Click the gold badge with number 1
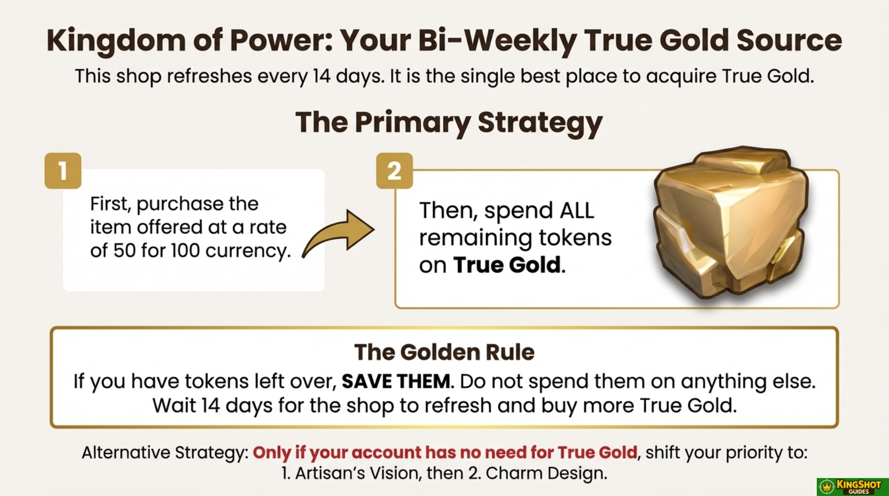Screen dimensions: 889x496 pyautogui.click(x=63, y=170)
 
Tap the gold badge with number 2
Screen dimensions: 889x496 pyautogui.click(x=395, y=170)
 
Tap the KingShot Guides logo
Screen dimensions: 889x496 pyautogui.click(x=852, y=486)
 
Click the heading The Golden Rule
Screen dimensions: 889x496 pyautogui.click(x=444, y=352)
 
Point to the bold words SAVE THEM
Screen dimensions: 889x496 pyautogui.click(x=396, y=381)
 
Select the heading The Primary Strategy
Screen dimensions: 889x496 pyautogui.click(x=449, y=122)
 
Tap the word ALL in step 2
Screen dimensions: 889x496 pyautogui.click(x=577, y=211)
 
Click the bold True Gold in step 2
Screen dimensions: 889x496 pyautogui.click(x=507, y=265)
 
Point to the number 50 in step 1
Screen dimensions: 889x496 pyautogui.click(x=125, y=251)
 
